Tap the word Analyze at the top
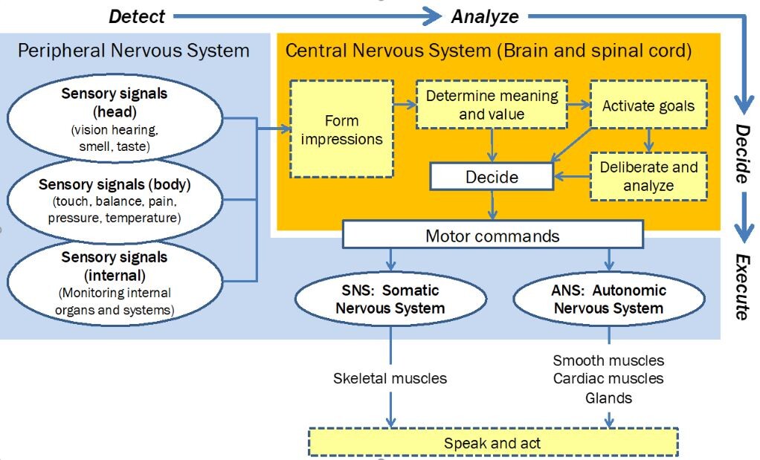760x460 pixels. (x=485, y=16)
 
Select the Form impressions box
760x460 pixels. (x=342, y=129)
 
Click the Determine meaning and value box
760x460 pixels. (x=492, y=105)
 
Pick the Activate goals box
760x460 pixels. (x=648, y=106)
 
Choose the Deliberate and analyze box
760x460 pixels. (x=648, y=176)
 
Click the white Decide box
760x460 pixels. (x=492, y=177)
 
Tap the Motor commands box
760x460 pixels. (x=492, y=236)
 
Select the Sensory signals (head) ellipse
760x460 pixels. (x=115, y=120)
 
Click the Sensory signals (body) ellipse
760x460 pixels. (x=115, y=201)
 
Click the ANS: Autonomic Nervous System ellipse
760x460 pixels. (x=609, y=299)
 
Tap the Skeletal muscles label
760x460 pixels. (x=390, y=378)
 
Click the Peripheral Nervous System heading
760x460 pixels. (x=133, y=51)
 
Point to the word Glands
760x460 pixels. (x=608, y=398)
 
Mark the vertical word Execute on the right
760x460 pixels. (x=741, y=286)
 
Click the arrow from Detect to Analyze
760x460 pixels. (x=305, y=15)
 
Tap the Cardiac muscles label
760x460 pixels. (x=608, y=379)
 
